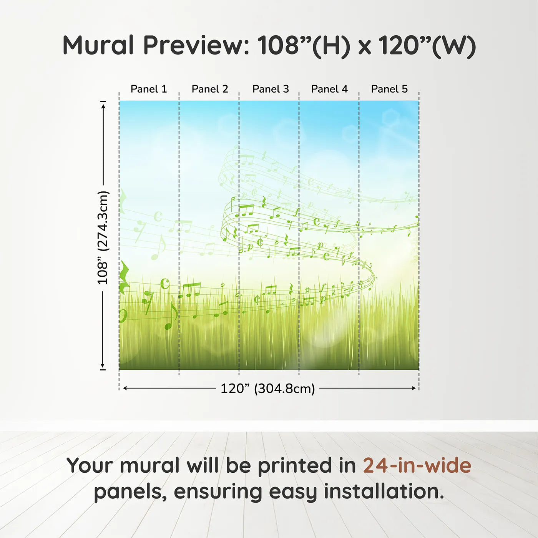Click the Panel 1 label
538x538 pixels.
(149, 89)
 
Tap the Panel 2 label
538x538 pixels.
(210, 89)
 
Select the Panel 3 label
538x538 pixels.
(271, 89)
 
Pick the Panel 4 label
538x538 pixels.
(329, 89)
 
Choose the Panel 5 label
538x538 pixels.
(389, 89)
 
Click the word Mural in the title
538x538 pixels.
(98, 45)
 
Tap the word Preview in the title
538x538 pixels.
(196, 45)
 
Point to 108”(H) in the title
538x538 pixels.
(304, 45)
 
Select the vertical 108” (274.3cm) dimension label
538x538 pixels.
(103, 237)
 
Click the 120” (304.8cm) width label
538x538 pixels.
(267, 389)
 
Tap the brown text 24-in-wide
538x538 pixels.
(417, 465)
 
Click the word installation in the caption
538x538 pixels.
(384, 492)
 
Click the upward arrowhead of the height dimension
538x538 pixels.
(103, 106)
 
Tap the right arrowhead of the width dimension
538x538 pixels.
(413, 388)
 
